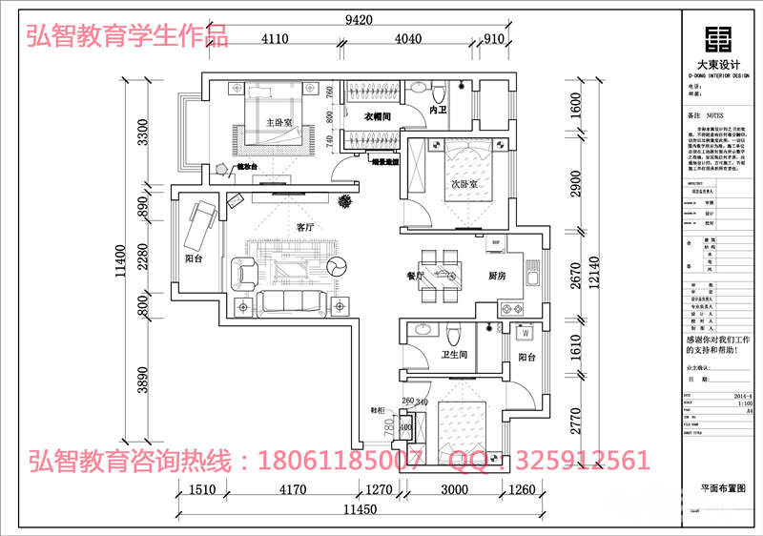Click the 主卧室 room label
coord(278,122)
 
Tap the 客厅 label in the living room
coord(305,228)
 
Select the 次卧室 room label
coord(464,183)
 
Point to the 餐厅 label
coord(415,276)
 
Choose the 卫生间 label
coord(453,355)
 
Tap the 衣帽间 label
coord(381,116)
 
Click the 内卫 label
coord(439,112)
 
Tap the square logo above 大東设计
coord(721,37)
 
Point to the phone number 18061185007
coord(341,462)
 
